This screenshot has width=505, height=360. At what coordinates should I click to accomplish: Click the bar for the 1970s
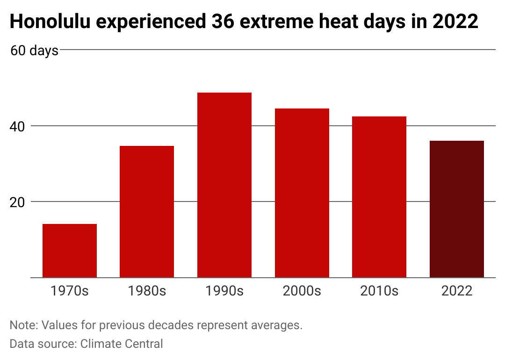pyautogui.click(x=70, y=251)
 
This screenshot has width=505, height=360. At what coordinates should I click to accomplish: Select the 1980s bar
pyautogui.click(x=147, y=211)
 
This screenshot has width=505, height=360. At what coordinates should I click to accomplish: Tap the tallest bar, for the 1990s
pyautogui.click(x=224, y=185)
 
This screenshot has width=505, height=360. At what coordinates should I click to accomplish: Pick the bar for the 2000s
pyautogui.click(x=302, y=193)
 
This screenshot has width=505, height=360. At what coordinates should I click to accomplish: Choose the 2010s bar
pyautogui.click(x=379, y=197)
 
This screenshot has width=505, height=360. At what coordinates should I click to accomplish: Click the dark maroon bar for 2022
pyautogui.click(x=457, y=209)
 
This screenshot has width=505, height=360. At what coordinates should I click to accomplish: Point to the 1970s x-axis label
pyautogui.click(x=70, y=291)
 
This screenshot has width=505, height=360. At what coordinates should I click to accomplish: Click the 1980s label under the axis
pyautogui.click(x=147, y=291)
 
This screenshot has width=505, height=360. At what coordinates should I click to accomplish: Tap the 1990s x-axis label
pyautogui.click(x=224, y=291)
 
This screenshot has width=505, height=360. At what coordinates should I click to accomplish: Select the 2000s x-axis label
pyautogui.click(x=302, y=291)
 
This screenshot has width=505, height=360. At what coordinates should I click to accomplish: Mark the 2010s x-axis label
pyautogui.click(x=379, y=291)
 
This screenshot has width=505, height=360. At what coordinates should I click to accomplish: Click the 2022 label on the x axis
pyautogui.click(x=457, y=291)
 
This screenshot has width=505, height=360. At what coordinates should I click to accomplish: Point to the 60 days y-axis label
pyautogui.click(x=34, y=51)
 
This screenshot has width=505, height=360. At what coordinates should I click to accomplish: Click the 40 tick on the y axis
pyautogui.click(x=17, y=127)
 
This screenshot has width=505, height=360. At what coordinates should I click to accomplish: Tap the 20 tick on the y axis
pyautogui.click(x=17, y=202)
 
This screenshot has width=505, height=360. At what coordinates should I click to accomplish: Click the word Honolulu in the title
pyautogui.click(x=50, y=22)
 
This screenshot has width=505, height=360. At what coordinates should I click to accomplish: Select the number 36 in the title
pyautogui.click(x=223, y=22)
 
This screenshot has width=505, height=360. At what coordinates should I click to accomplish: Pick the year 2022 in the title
pyautogui.click(x=455, y=22)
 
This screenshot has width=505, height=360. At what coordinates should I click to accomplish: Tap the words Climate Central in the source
pyautogui.click(x=122, y=344)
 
